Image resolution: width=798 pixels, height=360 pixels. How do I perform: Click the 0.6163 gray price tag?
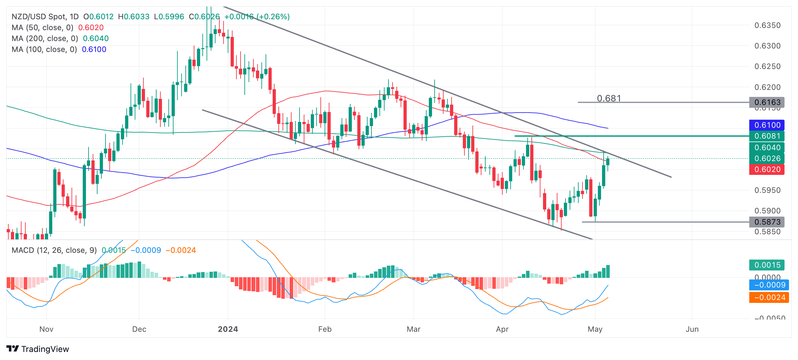click(767, 102)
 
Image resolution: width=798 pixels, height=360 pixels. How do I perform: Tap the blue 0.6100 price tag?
click(767, 125)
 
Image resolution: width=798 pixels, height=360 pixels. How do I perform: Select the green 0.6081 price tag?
click(767, 136)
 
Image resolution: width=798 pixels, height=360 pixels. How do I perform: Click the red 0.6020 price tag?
click(767, 169)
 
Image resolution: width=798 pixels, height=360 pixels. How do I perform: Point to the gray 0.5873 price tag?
click(767, 222)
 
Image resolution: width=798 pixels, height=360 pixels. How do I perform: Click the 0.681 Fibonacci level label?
click(609, 98)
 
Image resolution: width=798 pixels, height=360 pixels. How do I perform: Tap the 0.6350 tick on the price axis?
click(767, 25)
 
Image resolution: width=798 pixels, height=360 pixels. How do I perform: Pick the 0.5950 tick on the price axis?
click(767, 190)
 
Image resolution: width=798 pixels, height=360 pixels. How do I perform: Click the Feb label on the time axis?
click(325, 329)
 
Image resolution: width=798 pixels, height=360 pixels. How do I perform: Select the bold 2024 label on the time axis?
click(228, 329)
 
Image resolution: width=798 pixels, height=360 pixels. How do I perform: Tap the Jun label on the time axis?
click(692, 329)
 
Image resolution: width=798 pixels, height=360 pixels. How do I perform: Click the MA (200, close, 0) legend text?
click(45, 39)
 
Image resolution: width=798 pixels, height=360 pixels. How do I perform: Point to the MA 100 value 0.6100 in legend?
click(94, 49)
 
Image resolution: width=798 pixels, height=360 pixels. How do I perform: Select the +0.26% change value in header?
click(274, 17)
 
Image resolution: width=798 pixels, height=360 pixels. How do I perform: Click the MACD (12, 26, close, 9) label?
click(54, 250)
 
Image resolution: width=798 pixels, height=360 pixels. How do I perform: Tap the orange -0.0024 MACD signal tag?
click(769, 297)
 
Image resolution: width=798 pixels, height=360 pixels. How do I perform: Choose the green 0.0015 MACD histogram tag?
click(767, 265)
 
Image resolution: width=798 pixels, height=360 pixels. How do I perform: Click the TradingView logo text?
click(45, 349)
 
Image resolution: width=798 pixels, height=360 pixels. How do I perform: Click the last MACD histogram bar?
click(608, 271)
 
